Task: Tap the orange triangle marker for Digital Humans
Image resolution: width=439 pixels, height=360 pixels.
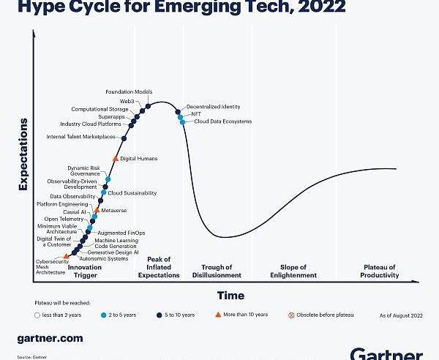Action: tap(115, 158)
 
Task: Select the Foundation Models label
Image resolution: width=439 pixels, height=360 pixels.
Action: tap(129, 91)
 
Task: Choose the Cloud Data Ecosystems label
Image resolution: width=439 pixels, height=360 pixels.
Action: tap(222, 121)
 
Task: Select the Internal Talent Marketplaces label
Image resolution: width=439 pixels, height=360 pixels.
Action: tap(80, 137)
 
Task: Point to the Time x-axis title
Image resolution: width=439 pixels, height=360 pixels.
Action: tap(230, 295)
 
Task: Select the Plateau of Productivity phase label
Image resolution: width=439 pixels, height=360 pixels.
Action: tap(379, 271)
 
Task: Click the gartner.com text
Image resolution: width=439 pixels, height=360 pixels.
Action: tap(50, 339)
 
